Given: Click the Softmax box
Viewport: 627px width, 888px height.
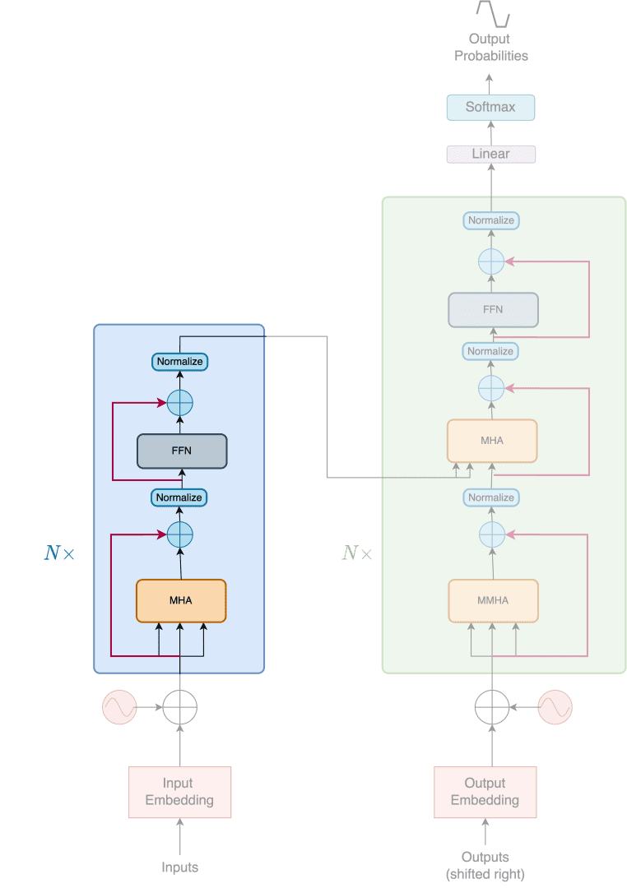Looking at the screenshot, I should pos(490,107).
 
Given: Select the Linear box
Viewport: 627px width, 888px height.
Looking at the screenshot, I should pos(490,154).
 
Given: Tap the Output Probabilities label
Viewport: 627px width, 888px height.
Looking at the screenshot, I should pos(490,47).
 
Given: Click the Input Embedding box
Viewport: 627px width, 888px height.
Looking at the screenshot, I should pos(179,792).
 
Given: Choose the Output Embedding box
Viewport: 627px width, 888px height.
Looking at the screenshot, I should pos(485,792).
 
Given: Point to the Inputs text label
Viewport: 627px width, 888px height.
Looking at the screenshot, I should pos(179,867).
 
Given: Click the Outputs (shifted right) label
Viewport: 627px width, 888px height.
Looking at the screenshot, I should pos(485,865).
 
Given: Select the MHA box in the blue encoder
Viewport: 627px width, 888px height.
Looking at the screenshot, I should pos(180,600).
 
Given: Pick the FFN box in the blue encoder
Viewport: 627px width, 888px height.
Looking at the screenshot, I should pos(181,451).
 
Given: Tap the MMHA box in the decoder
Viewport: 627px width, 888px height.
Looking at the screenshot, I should pos(493,600).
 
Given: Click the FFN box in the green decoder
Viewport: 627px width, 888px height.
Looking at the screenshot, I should pos(493,310).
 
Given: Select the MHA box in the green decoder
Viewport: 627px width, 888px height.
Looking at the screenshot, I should pos(492,441).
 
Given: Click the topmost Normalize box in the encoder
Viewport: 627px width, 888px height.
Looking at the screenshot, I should pos(179,361).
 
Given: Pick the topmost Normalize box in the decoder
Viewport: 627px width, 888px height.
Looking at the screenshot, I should pos(490,220).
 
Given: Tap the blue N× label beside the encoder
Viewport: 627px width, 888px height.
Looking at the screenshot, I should pos(58,553).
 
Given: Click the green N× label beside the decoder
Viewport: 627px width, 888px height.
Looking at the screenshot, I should pos(356,553).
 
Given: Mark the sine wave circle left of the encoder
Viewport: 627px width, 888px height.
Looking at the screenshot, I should pos(118,707).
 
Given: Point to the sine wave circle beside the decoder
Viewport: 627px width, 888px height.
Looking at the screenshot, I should pos(555,706).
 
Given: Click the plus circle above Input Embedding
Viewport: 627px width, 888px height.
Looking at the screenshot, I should pos(180,706).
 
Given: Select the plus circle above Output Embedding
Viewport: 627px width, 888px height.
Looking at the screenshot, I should pos(492,706).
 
